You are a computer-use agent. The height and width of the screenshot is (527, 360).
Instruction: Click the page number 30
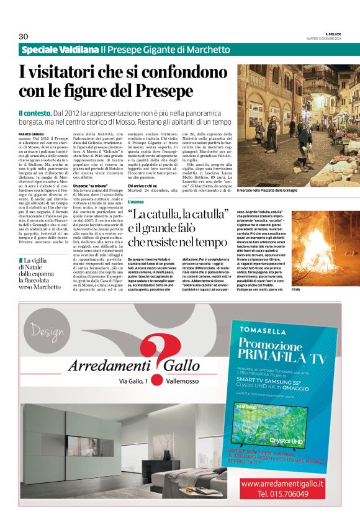click(x=24, y=36)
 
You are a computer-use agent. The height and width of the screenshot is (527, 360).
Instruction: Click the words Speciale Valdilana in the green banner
click(x=60, y=50)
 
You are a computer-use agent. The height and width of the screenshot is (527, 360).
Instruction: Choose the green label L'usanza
click(x=136, y=202)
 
